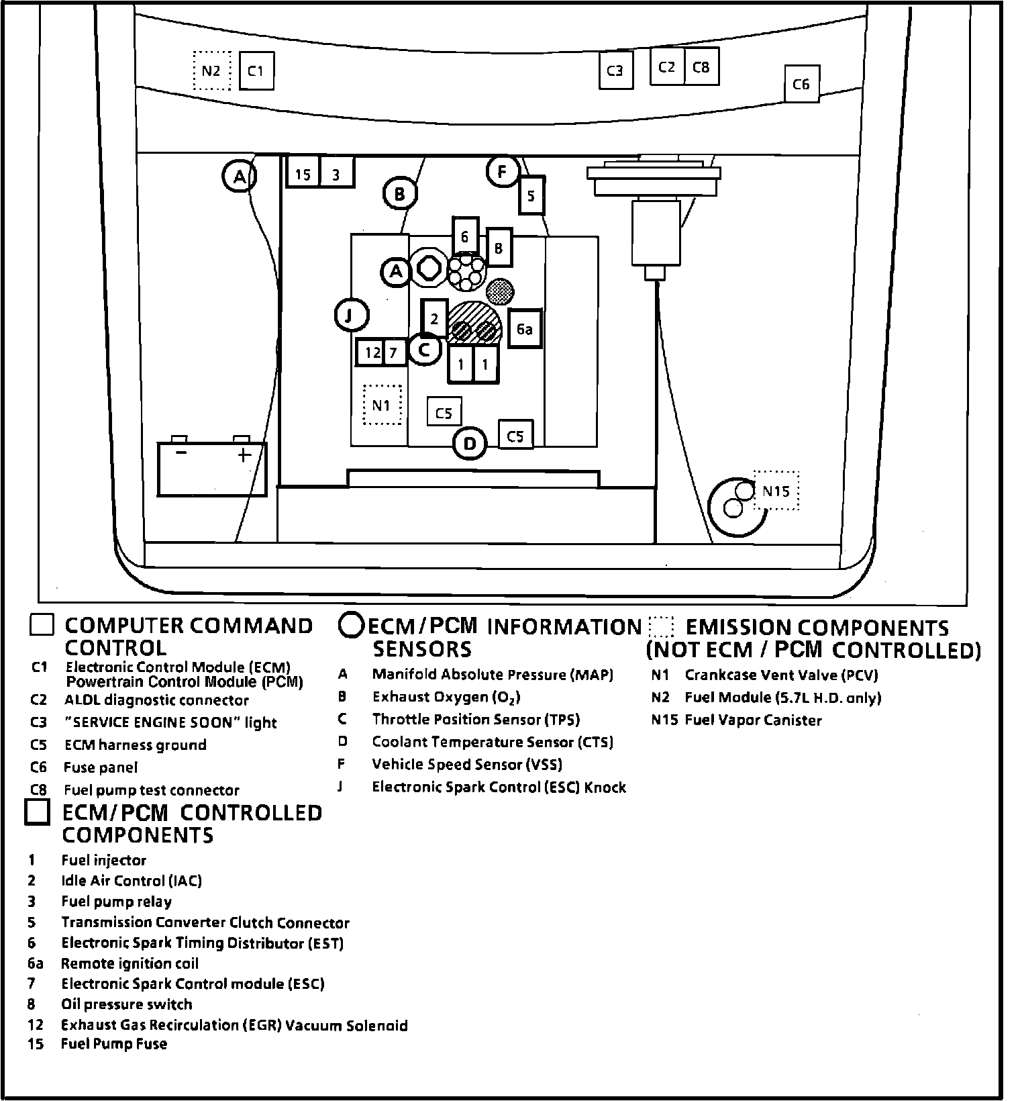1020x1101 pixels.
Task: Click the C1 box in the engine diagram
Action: click(256, 70)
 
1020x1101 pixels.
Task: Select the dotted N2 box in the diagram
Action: click(211, 70)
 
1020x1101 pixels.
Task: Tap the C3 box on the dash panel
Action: click(615, 70)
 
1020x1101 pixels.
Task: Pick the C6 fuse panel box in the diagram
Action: click(801, 84)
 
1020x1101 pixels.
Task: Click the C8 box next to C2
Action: click(701, 66)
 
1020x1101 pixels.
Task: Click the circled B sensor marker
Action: click(400, 195)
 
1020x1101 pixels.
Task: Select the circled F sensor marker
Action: click(503, 171)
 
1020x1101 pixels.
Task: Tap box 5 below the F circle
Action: click(531, 195)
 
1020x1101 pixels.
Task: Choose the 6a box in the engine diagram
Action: click(525, 329)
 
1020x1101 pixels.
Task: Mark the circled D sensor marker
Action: click(470, 443)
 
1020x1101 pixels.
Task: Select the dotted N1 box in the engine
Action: click(381, 405)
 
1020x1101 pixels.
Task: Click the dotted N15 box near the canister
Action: click(776, 491)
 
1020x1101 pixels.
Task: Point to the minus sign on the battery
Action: click(181, 453)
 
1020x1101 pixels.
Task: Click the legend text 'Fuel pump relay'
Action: click(116, 901)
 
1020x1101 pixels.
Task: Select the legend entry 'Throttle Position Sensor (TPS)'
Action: click(476, 719)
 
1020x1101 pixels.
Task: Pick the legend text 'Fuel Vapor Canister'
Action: click(753, 720)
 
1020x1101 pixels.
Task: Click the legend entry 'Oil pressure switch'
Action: click(127, 1004)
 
